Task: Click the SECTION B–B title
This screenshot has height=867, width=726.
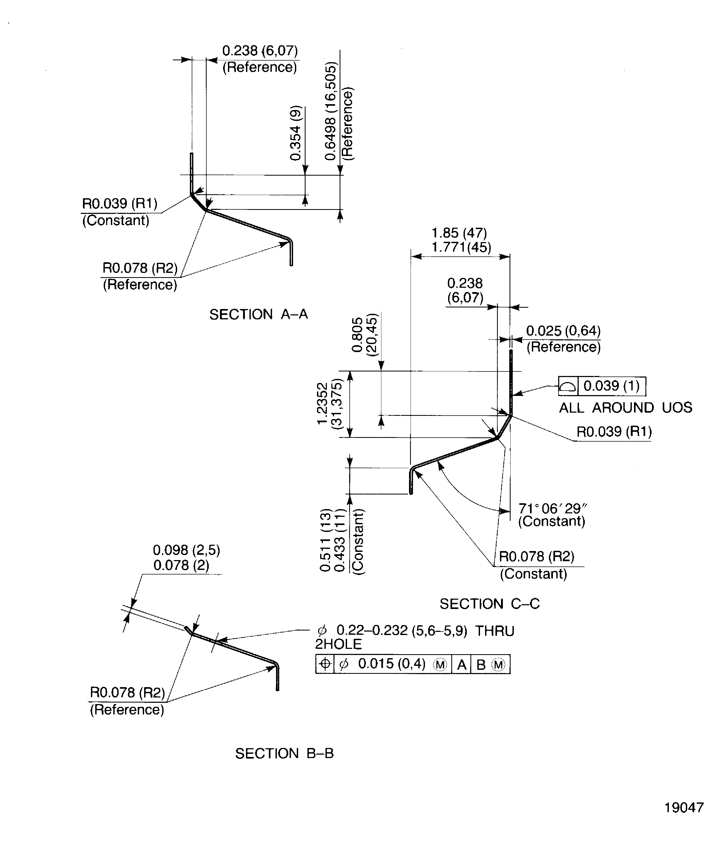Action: (x=284, y=754)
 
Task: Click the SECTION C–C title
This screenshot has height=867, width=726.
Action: (x=489, y=604)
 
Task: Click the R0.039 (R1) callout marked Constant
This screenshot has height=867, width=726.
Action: (x=120, y=204)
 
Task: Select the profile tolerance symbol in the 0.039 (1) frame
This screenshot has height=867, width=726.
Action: (x=568, y=386)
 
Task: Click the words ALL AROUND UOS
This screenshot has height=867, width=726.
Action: (x=625, y=408)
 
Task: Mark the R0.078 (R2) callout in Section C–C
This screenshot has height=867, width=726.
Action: (x=536, y=557)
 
